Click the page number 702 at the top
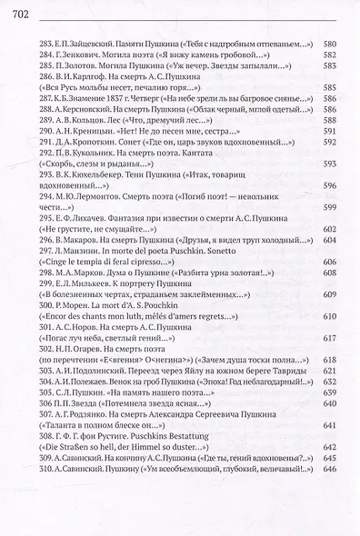[x=17, y=10]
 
